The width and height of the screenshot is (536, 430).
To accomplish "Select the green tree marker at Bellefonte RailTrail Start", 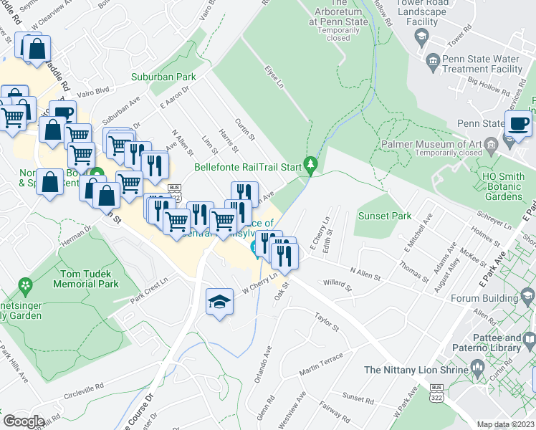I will pos(310,166).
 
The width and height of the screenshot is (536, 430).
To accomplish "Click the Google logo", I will pos(24,421).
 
